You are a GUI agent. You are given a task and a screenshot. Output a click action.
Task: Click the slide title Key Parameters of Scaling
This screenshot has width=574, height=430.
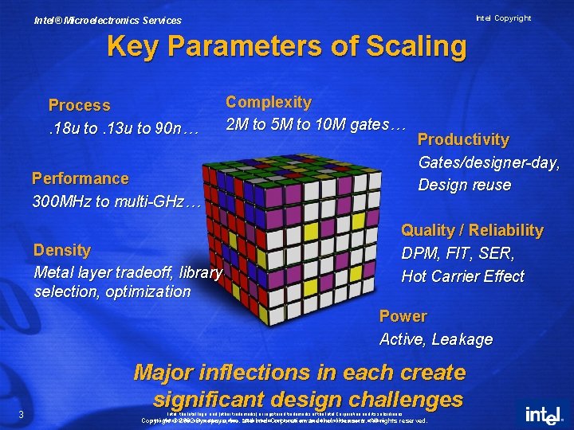coord(286,46)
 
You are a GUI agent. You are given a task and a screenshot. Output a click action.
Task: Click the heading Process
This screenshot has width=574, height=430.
coord(80,105)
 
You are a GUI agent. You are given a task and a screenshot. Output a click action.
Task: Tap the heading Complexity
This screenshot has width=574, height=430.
coord(269,102)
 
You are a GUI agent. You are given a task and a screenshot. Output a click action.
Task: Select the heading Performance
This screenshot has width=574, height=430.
coord(80,178)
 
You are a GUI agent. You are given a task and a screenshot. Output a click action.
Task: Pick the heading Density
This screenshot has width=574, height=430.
coord(62,250)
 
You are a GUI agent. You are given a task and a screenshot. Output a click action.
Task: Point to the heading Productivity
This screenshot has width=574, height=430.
coord(463,139)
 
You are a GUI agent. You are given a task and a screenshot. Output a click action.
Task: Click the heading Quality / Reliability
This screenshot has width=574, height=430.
coord(472,230)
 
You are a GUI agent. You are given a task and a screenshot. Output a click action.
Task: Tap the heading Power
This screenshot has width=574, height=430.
coord(403,316)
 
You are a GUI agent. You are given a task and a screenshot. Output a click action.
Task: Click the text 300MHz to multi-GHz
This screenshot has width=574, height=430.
coord(116,201)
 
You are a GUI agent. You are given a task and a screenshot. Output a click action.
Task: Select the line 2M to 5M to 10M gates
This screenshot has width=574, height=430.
coord(316,124)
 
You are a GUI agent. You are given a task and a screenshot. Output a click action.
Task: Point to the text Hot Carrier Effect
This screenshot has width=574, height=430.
coord(462,276)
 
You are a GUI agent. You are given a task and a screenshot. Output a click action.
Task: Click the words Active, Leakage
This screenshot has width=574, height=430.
coord(436,339)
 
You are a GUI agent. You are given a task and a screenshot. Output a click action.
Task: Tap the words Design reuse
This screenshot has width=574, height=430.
coord(465,185)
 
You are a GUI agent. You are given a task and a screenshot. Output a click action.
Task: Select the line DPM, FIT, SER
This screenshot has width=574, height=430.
coord(458,253)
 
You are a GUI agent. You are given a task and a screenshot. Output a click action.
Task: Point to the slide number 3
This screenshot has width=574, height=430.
coord(22,412)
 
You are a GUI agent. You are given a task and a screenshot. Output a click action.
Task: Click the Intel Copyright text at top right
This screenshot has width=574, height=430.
coord(503,18)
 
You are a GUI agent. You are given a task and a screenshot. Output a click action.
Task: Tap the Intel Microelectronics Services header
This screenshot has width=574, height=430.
coord(108,21)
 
